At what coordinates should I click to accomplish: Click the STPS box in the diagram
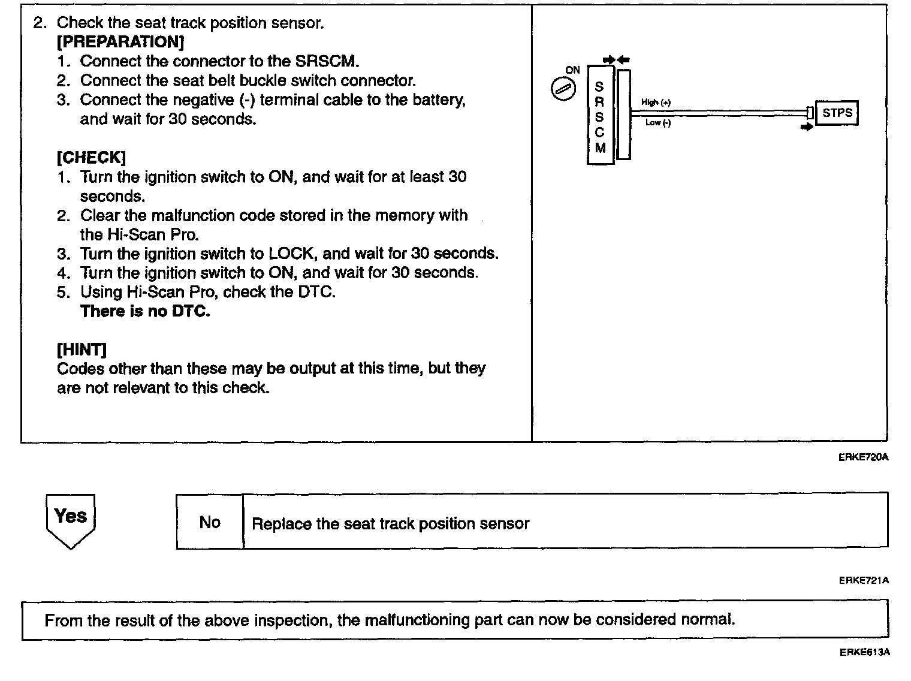[837, 113]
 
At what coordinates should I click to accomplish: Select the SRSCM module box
[600, 115]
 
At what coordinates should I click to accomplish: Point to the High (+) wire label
[656, 103]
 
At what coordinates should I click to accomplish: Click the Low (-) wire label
[657, 123]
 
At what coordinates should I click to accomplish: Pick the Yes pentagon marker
[71, 519]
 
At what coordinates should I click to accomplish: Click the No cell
[210, 522]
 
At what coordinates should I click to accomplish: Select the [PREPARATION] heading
[120, 42]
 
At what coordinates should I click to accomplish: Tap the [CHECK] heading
[91, 158]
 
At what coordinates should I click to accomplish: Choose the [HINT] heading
[82, 349]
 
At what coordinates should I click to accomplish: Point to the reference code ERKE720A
[863, 457]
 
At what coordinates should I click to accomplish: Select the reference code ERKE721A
[863, 580]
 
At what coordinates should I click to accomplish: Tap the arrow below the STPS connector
[807, 127]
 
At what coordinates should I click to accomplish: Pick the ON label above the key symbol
[572, 70]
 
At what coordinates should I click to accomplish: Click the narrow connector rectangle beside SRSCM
[623, 114]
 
